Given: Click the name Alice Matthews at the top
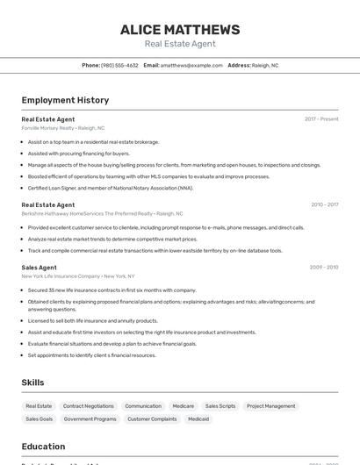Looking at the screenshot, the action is pos(180,29).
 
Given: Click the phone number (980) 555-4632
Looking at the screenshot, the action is pos(119,65).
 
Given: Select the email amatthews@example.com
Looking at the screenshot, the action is pos(191,65).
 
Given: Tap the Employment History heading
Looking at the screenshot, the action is pos(65,100).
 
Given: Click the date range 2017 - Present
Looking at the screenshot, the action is pos(321,118).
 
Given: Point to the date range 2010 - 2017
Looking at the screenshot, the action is pos(324,204).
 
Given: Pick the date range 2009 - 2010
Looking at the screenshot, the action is pos(324,267).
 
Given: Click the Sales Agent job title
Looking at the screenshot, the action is pos(40,267).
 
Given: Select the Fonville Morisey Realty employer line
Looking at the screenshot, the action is pos(62,127).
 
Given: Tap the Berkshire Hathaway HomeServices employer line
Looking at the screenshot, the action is pos(102,213).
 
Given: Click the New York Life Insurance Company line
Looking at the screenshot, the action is pos(78,275).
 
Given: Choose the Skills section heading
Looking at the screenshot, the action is pos(32,383).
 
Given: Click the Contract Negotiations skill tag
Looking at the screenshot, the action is pos(88,406).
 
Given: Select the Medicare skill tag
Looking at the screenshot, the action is pos(183,406).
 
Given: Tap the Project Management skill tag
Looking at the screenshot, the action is pos(270,406).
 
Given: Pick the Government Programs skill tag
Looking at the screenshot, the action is pos(90,419).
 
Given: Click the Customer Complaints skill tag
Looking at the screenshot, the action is pos(152,419).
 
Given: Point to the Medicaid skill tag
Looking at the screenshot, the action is pos(198,419).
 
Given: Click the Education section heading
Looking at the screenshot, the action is pos(43,446).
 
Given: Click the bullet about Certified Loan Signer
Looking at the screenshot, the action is pos(110,188).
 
